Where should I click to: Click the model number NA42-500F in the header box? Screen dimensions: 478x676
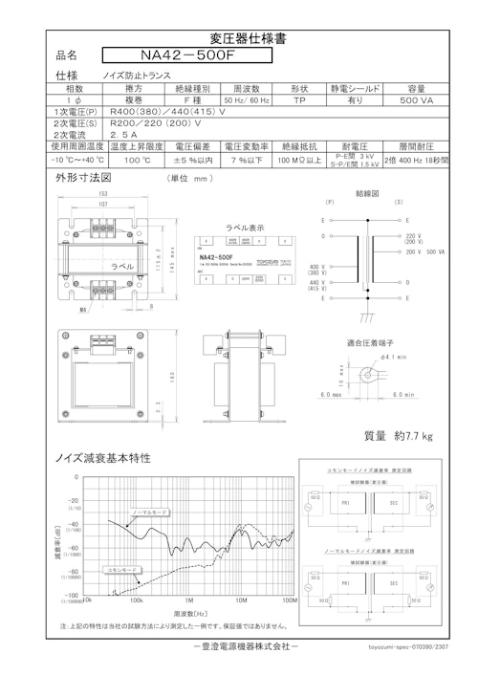tap(185, 55)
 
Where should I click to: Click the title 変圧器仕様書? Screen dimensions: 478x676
tap(239, 39)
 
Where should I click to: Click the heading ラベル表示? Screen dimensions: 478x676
tap(245, 229)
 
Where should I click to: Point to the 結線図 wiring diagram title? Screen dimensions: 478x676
tap(368, 193)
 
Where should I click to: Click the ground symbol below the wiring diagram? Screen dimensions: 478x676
tap(358, 316)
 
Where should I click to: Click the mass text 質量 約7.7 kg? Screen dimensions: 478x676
tap(398, 436)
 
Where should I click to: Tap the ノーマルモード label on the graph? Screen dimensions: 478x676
tap(150, 512)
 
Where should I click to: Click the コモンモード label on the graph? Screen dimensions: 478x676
tap(96, 569)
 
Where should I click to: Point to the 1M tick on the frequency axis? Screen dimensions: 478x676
tap(188, 602)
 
